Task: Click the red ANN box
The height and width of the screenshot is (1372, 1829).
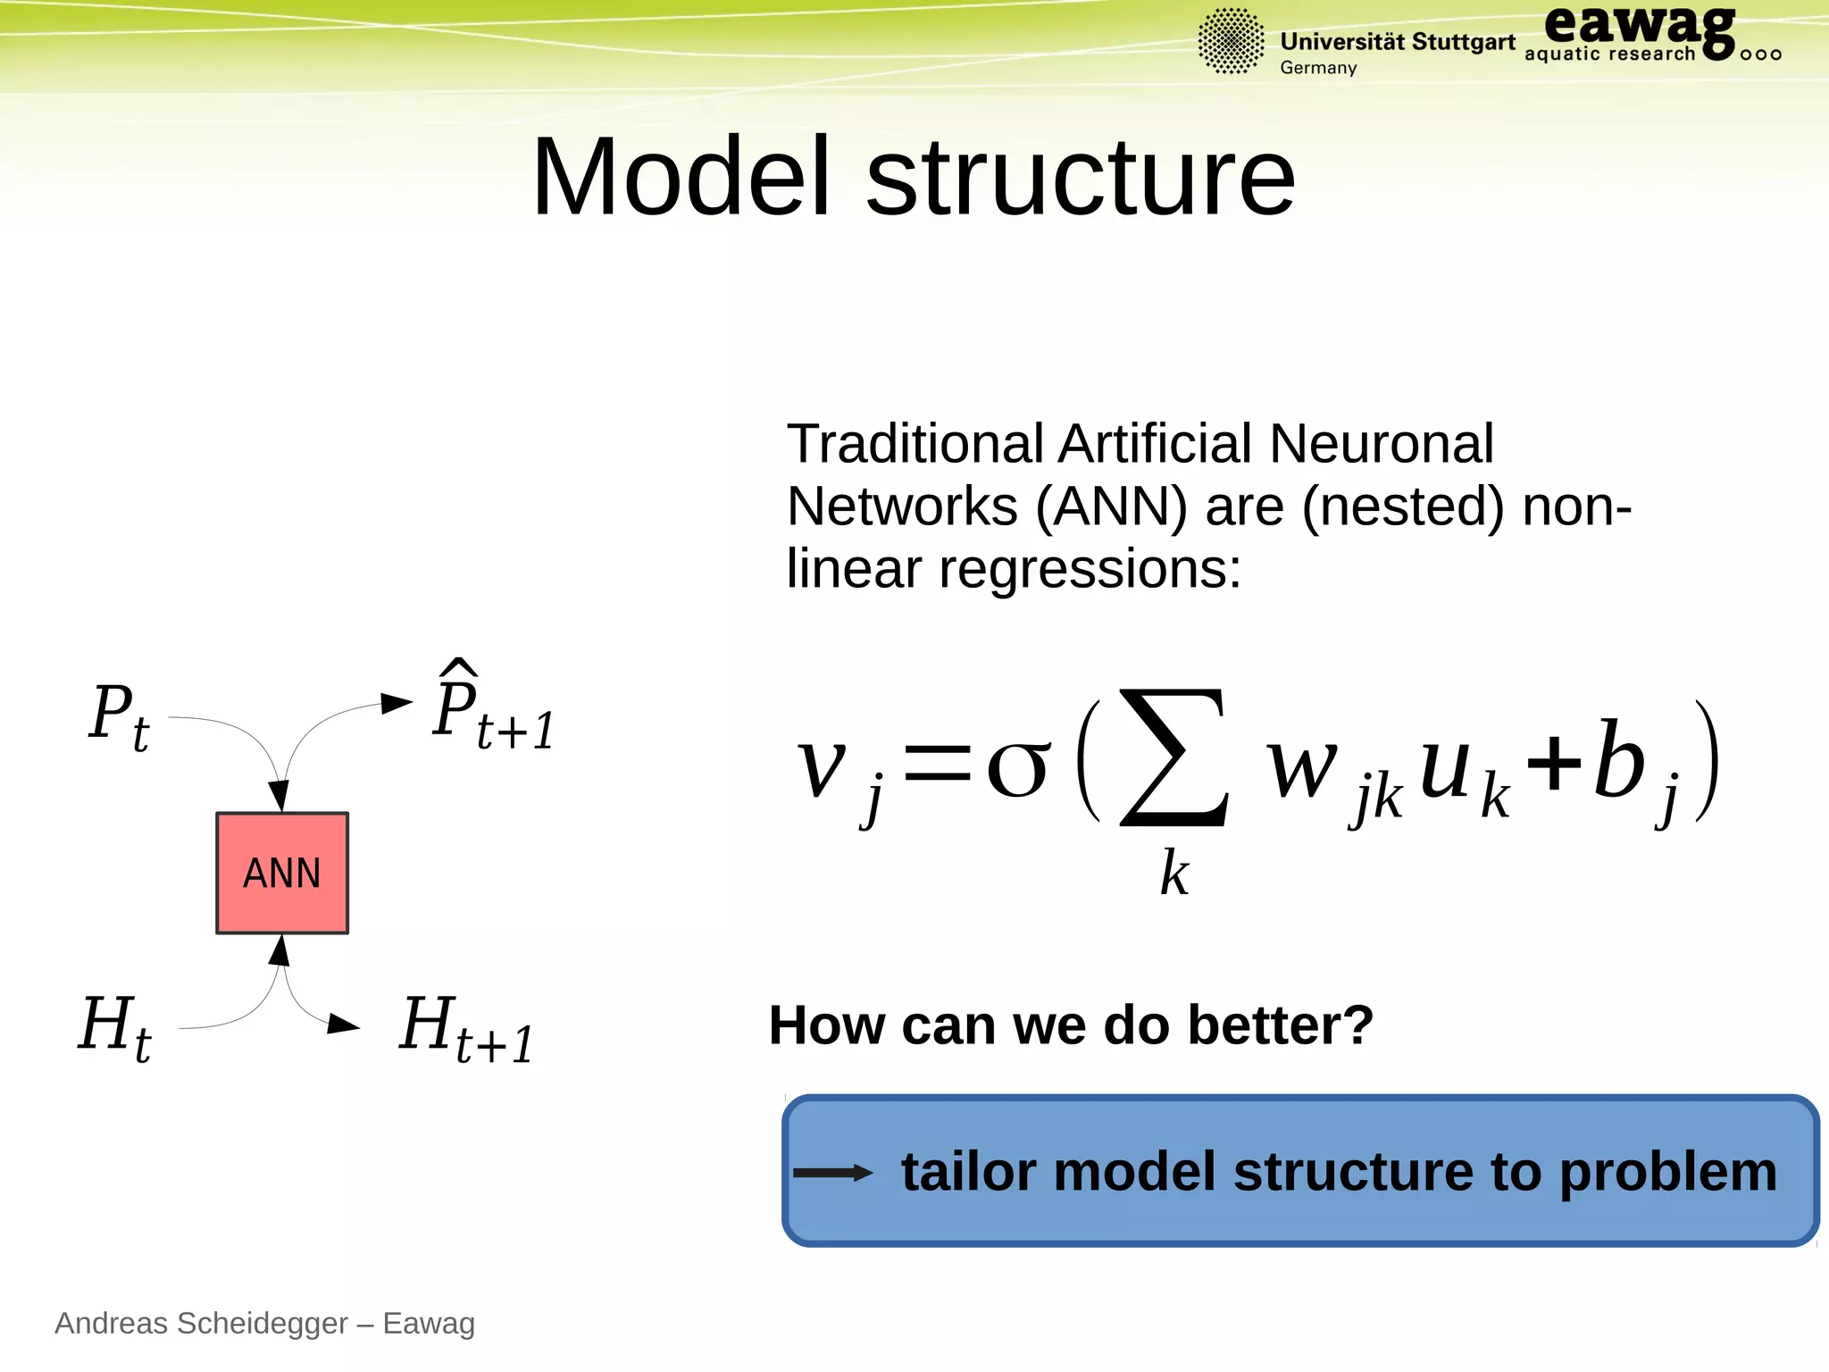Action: (282, 873)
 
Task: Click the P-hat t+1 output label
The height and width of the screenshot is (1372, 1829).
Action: (490, 709)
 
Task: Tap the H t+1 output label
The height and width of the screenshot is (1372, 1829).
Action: (465, 1029)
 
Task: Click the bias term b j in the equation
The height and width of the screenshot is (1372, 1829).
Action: (1633, 768)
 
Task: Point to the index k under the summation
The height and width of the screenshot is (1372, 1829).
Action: (1173, 873)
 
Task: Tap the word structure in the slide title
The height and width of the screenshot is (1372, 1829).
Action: (1080, 178)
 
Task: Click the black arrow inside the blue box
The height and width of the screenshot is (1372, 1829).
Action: (831, 1173)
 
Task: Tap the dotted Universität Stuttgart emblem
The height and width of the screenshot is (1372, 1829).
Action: (1231, 41)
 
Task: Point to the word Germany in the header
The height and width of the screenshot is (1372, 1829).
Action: (1318, 68)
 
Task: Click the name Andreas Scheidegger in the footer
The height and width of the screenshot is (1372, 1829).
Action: (201, 1323)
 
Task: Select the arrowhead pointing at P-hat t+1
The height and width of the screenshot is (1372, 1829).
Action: (397, 703)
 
